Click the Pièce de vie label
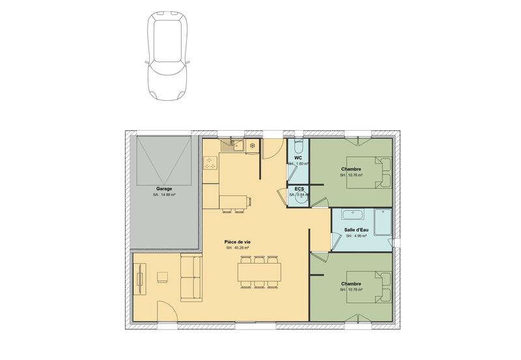[x=238, y=242]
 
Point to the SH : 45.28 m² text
[x=238, y=248]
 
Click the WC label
[x=298, y=158]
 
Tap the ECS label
[x=299, y=189]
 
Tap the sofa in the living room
[x=191, y=277]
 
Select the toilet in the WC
[x=298, y=144]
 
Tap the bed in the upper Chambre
[x=369, y=172]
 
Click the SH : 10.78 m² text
[x=352, y=290]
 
